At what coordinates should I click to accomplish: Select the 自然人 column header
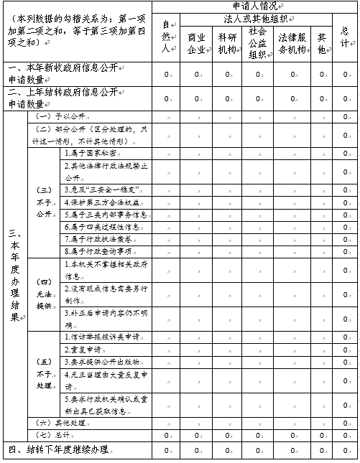pyautogui.click(x=166, y=37)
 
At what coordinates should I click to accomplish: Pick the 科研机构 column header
pyautogui.click(x=227, y=42)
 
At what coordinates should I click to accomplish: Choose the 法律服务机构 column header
pyautogui.click(x=292, y=42)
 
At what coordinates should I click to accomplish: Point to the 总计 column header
pyautogui.click(x=345, y=37)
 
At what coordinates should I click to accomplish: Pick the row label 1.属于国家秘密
pyautogui.click(x=90, y=153)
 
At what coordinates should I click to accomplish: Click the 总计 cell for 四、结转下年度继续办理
pyautogui.click(x=345, y=449)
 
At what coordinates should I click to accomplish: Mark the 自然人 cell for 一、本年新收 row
pyautogui.click(x=166, y=73)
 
